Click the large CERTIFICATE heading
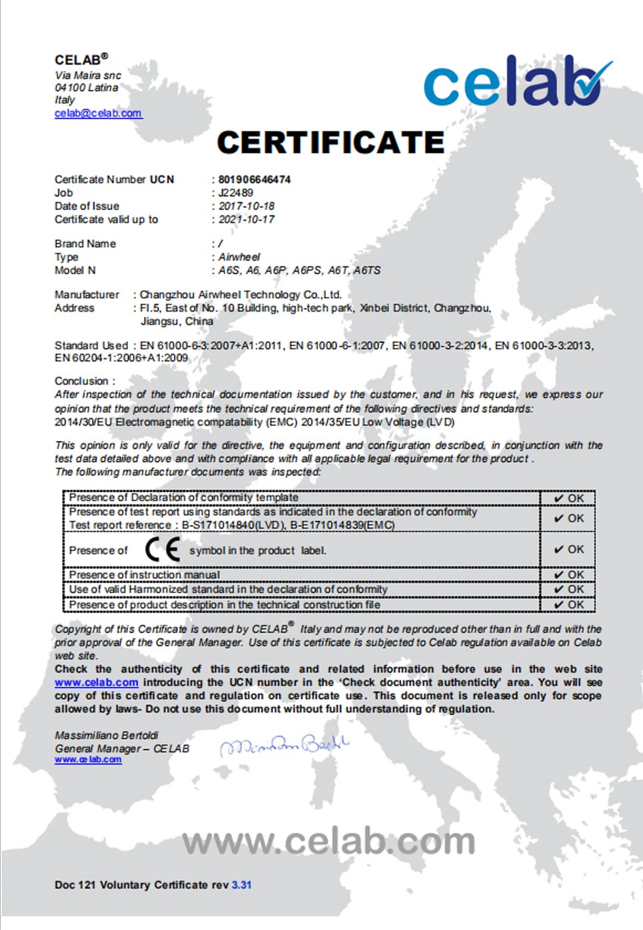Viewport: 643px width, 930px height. (330, 142)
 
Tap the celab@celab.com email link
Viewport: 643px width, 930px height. (98, 113)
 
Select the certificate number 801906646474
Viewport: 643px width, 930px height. (255, 179)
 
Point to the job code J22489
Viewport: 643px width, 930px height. (236, 193)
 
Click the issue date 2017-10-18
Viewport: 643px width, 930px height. (247, 206)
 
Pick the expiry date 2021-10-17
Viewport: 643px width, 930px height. (247, 219)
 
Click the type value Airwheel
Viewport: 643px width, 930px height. (239, 257)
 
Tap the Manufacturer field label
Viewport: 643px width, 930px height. (87, 294)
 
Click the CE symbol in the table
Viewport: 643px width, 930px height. (163, 550)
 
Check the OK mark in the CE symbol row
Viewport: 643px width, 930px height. (569, 550)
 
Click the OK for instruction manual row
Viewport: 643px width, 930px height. (569, 574)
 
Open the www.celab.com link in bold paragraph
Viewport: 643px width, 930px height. (97, 682)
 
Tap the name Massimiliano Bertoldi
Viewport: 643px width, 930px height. (107, 735)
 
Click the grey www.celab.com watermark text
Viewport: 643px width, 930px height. (328, 842)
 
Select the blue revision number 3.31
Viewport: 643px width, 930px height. (242, 885)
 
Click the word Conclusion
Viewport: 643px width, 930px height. (81, 381)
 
